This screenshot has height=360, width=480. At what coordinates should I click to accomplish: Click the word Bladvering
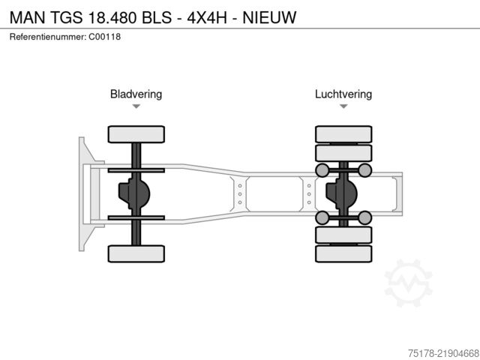136,94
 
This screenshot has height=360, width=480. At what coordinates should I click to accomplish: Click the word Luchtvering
343,94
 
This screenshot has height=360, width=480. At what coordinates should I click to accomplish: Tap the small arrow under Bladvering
136,106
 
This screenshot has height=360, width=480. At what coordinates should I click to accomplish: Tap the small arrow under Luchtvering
343,106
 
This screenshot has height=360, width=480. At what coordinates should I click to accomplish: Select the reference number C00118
105,37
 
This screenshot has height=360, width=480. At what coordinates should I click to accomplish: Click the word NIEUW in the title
269,17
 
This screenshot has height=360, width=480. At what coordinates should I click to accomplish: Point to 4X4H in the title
207,17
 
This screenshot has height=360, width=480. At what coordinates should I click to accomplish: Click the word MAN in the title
28,17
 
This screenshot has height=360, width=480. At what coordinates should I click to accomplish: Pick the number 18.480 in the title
112,17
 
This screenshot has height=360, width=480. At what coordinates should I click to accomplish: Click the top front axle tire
136,134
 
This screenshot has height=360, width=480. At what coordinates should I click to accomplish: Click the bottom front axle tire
136,253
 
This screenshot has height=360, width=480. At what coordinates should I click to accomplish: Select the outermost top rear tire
343,134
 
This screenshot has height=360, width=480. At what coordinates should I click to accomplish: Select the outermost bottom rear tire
343,253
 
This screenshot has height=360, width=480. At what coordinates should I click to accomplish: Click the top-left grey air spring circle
322,170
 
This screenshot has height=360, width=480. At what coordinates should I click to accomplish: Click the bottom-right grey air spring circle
364,217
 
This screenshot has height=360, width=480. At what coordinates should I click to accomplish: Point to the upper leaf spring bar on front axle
136,170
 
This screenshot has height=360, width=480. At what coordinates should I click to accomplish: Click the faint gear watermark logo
408,283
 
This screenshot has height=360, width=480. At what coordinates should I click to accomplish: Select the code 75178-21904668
443,353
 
